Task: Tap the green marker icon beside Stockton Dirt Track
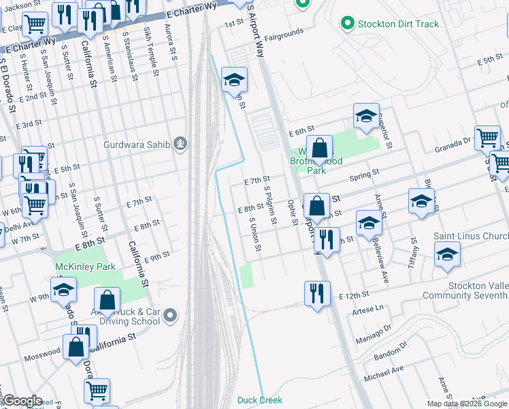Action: [348, 24]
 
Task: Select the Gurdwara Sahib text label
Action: [139, 144]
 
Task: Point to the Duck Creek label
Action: [260, 400]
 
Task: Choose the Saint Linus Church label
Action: [471, 237]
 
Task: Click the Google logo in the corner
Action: [22, 401]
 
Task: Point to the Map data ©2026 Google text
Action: [466, 404]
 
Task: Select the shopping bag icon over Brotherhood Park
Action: [319, 147]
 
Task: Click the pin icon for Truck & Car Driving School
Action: [170, 316]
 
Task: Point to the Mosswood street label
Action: [43, 354]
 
